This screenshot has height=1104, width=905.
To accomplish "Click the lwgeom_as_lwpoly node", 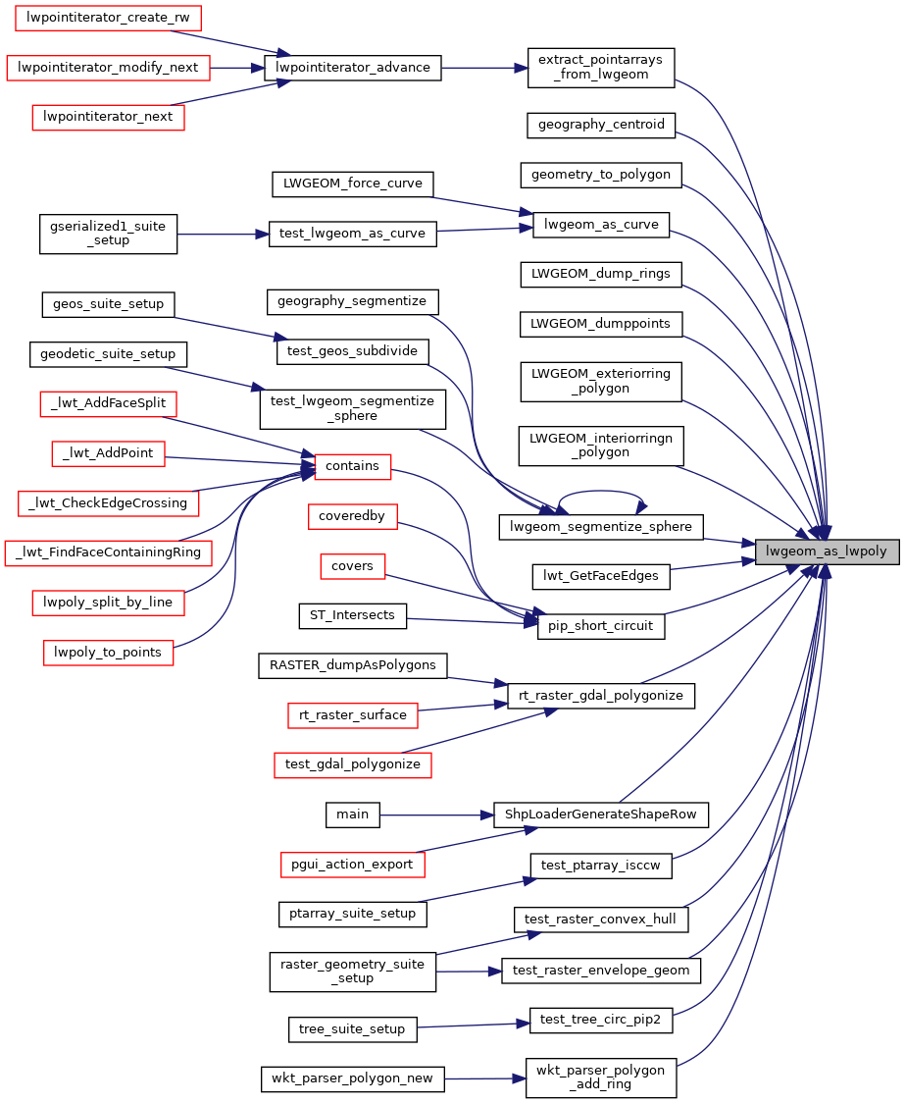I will click(x=827, y=552).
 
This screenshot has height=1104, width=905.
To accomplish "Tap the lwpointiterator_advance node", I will click(x=354, y=68).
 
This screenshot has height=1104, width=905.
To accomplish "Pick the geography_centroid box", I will click(x=601, y=125).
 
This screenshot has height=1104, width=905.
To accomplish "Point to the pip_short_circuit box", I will click(x=601, y=626).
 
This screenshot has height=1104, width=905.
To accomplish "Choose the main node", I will click(x=352, y=814).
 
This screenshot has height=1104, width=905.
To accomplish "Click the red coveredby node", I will click(x=351, y=515).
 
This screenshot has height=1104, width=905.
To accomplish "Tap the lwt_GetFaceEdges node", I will click(x=600, y=576).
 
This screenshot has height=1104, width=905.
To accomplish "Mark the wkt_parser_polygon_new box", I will click(x=353, y=1078).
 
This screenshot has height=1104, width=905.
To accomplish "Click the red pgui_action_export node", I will click(x=352, y=865).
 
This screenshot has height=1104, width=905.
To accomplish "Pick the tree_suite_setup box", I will click(x=353, y=1029).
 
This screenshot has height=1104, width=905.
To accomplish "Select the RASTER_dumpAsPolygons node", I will click(x=352, y=665).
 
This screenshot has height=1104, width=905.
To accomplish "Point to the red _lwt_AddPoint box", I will click(x=108, y=452).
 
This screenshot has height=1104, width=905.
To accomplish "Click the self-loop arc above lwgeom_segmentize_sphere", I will click(x=600, y=496).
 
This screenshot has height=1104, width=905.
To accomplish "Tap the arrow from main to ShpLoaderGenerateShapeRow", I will click(x=435, y=815).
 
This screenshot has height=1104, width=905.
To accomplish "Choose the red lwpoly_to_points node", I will click(x=108, y=652).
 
